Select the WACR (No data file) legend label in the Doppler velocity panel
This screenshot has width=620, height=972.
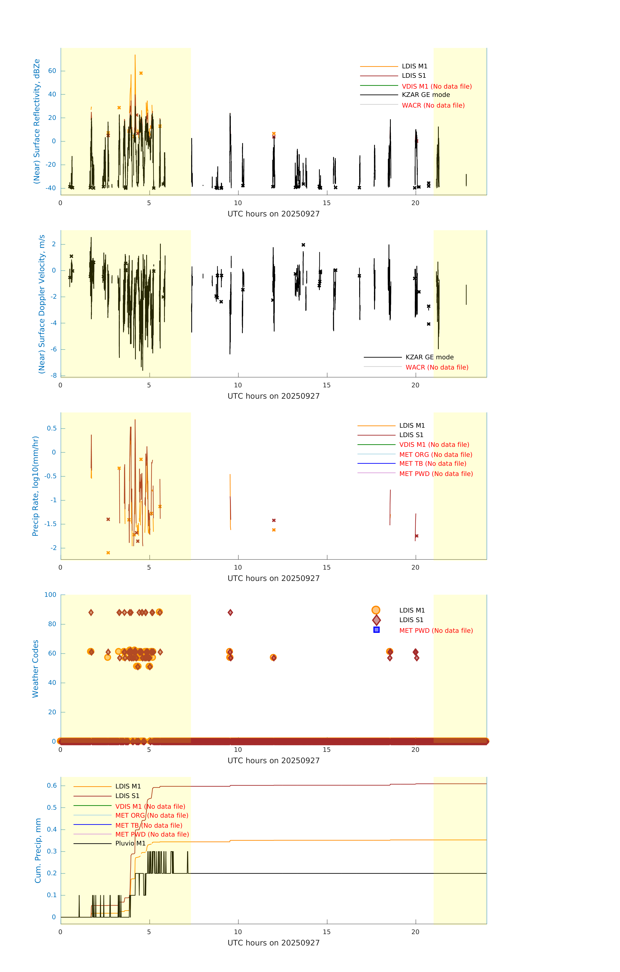[x=437, y=367]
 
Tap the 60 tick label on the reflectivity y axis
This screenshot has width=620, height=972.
[x=52, y=71]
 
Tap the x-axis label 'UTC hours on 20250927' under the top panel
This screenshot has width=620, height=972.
[x=273, y=214]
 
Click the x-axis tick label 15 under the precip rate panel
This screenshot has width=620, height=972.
[x=326, y=567]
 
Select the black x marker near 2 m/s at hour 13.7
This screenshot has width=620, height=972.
[x=303, y=245]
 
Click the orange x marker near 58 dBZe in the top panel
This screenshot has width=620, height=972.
[x=141, y=73]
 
